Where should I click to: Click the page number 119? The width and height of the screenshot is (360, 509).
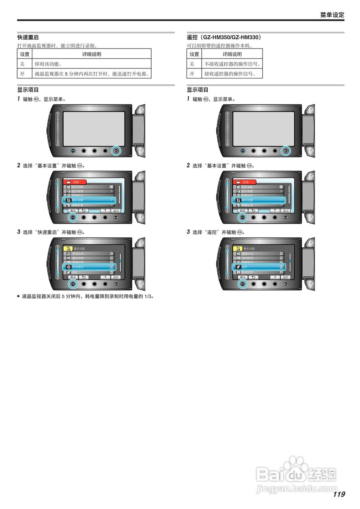click(339, 494)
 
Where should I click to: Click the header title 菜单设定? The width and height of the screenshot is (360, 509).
click(332, 15)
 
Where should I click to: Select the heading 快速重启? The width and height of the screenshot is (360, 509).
click(28, 37)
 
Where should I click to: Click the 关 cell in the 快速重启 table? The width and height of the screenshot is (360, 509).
click(23, 64)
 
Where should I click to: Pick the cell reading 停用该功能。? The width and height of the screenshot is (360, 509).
click(48, 64)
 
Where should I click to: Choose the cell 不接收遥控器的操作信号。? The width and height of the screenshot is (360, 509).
click(232, 64)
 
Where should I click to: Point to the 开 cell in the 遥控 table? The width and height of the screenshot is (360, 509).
click(192, 74)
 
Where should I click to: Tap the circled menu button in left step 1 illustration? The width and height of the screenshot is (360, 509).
click(116, 151)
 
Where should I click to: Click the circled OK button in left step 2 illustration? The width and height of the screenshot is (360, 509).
click(73, 217)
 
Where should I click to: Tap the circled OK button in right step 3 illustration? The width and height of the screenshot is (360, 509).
click(243, 284)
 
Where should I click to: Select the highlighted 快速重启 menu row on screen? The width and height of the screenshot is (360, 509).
click(88, 267)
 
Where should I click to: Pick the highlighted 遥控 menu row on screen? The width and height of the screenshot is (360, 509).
click(259, 267)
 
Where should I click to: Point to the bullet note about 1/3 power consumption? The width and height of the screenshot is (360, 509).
click(86, 296)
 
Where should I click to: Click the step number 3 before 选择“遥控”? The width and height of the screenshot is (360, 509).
click(189, 232)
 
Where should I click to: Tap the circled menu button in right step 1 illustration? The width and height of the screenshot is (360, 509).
click(286, 151)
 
